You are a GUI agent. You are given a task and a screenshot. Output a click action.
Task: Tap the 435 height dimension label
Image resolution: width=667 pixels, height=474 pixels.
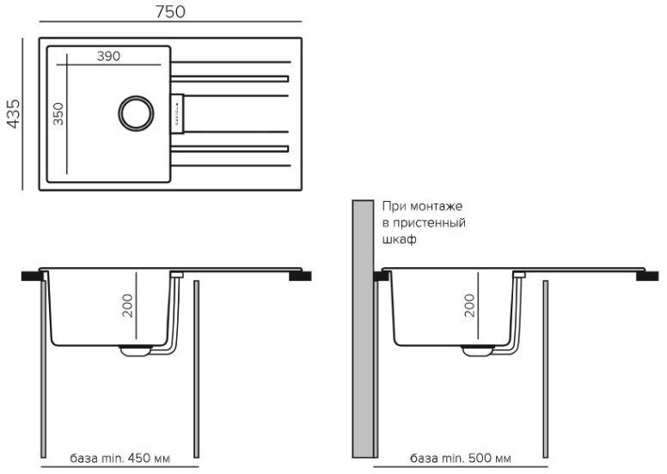tap(12, 112)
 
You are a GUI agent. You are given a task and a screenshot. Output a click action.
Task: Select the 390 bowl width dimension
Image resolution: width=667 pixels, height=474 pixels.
tap(107, 56)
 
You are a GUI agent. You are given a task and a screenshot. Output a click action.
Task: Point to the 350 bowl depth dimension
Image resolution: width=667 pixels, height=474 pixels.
tap(58, 113)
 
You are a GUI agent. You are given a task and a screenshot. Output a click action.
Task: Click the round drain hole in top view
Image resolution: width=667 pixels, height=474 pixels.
tap(135, 112)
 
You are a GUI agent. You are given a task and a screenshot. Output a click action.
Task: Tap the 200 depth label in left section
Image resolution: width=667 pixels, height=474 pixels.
tap(127, 306)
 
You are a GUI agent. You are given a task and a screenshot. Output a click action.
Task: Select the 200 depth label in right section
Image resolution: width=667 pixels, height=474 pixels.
tap(469, 306)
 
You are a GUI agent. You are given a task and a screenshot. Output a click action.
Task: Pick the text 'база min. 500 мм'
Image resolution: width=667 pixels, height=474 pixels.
tap(461, 456)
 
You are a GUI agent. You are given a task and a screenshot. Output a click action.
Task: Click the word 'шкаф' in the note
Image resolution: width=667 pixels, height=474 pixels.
tap(400, 240)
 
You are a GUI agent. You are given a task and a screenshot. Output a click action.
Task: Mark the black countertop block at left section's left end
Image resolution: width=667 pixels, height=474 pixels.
tap(32, 276)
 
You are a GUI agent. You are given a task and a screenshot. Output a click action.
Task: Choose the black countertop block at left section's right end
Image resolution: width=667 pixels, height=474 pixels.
tap(301, 276)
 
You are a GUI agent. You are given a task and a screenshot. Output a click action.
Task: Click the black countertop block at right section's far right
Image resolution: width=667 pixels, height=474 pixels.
tap(648, 276)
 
